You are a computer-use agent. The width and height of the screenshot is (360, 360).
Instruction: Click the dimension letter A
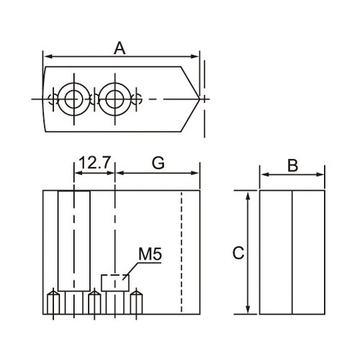[x=120, y=48]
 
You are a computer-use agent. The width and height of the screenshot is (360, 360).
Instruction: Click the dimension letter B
[x=293, y=166]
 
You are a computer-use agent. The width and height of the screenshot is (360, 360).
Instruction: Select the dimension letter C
[x=238, y=253]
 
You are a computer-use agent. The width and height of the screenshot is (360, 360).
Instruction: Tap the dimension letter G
[x=158, y=163]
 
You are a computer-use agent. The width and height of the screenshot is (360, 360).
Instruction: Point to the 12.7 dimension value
[x=94, y=163]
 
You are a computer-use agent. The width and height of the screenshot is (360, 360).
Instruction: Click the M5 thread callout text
[x=150, y=254]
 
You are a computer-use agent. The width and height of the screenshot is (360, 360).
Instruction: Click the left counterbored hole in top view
[x=74, y=99]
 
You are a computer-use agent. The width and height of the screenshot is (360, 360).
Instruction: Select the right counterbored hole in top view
[x=115, y=99]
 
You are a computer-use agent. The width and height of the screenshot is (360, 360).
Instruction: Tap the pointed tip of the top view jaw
[x=199, y=99]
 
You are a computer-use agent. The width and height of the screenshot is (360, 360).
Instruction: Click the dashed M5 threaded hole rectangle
[x=115, y=283]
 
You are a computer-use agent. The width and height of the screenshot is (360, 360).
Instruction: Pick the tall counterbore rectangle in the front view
[x=74, y=241]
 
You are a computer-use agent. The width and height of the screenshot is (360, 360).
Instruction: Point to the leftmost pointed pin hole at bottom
[x=53, y=302]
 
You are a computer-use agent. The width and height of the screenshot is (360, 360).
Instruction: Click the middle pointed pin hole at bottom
[x=94, y=302]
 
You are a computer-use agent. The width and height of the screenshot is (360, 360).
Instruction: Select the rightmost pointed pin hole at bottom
[x=136, y=302]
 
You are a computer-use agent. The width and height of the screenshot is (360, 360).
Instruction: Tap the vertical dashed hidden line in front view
[x=181, y=252]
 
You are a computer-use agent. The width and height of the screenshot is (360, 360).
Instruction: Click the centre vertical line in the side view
[x=292, y=252]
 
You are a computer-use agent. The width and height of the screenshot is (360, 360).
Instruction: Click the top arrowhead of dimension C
[x=248, y=195]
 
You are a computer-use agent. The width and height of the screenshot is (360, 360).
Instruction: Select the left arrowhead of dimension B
[x=264, y=174]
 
